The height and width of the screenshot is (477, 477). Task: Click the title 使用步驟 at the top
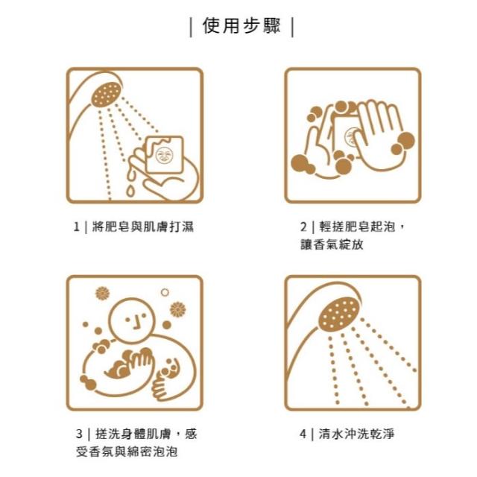tap(241, 26)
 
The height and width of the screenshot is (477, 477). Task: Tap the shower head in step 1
tap(106, 94)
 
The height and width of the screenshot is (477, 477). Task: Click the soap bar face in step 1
tap(164, 155)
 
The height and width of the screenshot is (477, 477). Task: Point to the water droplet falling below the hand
tap(130, 191)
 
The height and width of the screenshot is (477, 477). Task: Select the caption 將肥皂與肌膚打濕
tap(142, 227)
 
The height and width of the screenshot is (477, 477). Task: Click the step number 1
tap(76, 227)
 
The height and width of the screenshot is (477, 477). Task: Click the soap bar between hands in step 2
tap(346, 134)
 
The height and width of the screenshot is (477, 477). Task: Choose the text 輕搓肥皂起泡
tap(357, 227)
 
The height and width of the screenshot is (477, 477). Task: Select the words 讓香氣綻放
tap(332, 244)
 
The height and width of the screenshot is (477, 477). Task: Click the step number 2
tap(303, 227)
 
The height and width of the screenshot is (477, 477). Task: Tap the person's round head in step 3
tap(132, 320)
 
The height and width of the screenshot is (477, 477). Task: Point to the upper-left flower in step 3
tap(102, 293)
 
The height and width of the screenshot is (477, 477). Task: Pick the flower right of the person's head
tap(177, 309)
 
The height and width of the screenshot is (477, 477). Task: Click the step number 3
tap(79, 434)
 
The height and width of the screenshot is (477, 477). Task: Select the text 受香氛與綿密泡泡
tap(127, 452)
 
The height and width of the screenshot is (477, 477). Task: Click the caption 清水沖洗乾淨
tap(356, 434)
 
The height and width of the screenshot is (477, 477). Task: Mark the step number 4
tap(303, 434)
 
